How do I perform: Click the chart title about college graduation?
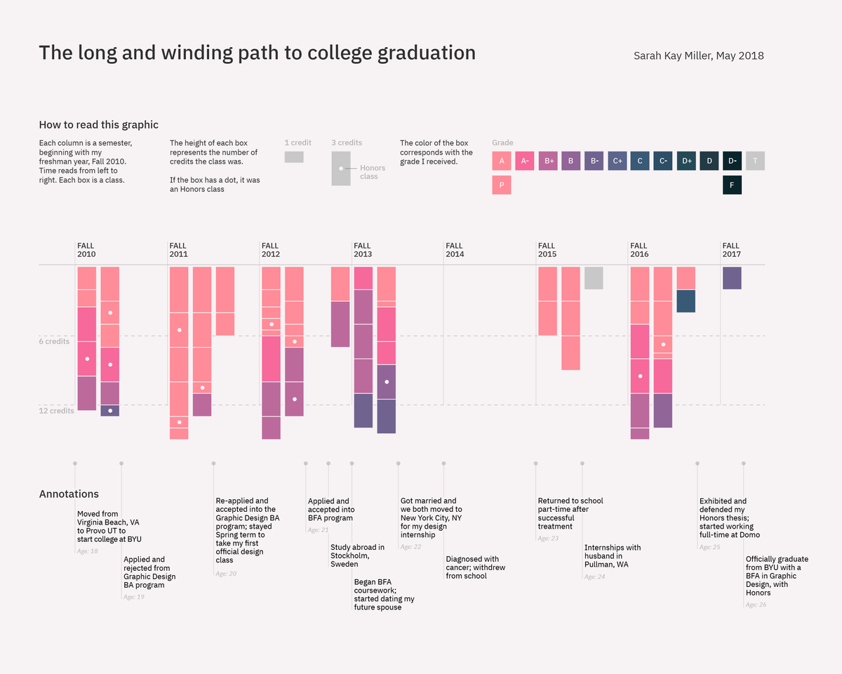click(x=257, y=53)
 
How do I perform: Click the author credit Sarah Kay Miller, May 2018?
click(x=698, y=55)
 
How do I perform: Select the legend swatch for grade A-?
click(x=524, y=161)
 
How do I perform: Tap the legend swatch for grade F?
click(x=732, y=185)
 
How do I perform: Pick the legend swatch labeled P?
click(x=502, y=185)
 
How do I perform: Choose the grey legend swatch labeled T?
click(x=755, y=161)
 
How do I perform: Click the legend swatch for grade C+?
click(x=617, y=161)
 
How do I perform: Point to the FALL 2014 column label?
click(x=455, y=250)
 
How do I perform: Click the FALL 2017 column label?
click(x=731, y=250)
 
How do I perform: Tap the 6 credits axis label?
click(x=54, y=341)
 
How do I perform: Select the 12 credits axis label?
click(x=56, y=411)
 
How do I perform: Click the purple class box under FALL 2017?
click(x=732, y=278)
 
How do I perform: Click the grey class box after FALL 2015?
click(x=594, y=278)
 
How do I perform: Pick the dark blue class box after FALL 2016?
click(x=686, y=301)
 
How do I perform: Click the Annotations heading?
click(x=69, y=494)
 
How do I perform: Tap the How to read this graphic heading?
click(x=98, y=125)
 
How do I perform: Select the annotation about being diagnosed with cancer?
click(x=475, y=567)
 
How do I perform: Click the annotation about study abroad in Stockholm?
click(x=357, y=555)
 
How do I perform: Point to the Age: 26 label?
click(x=756, y=604)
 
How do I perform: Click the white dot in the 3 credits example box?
click(x=341, y=168)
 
